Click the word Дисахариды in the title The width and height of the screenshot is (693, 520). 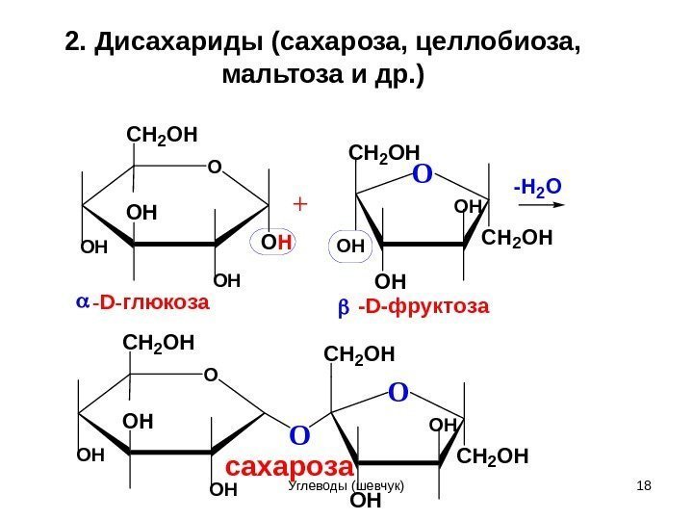coord(178,42)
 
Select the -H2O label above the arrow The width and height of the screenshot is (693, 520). coord(537,186)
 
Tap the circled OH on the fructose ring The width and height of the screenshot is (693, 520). coord(352,247)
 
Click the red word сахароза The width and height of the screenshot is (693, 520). coord(289,467)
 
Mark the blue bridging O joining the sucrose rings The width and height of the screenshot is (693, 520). coord(298,435)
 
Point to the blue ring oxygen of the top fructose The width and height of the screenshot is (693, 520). coord(421,176)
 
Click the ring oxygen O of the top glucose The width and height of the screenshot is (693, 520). coord(214,168)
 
